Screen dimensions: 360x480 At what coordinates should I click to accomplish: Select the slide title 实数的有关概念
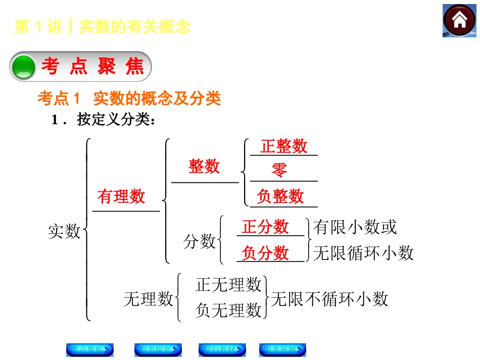point(135,27)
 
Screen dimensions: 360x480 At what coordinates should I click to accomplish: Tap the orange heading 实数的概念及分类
point(157,98)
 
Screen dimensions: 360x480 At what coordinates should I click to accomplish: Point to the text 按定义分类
point(113,120)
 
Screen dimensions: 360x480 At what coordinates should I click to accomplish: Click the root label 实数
point(64,231)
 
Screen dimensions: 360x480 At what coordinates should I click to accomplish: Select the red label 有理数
point(121,196)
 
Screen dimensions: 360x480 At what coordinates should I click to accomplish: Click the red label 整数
point(204,166)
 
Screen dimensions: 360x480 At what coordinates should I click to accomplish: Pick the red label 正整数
point(284,146)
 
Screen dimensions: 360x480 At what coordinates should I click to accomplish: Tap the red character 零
point(279,170)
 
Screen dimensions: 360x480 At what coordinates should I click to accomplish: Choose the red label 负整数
point(280,196)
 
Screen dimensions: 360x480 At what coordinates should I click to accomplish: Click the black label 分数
point(199,242)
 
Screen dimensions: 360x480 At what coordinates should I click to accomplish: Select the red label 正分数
point(265,227)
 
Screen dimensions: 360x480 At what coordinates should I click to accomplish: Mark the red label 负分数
point(265,252)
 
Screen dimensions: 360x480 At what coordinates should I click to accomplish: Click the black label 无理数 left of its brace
point(149,299)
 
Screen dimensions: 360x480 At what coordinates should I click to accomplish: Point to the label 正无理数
point(228,285)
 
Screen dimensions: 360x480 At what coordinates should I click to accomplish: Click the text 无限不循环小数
point(329,299)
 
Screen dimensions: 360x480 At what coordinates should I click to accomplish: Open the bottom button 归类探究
point(158,349)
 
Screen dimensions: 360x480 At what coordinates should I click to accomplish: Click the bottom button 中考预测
point(282,349)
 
